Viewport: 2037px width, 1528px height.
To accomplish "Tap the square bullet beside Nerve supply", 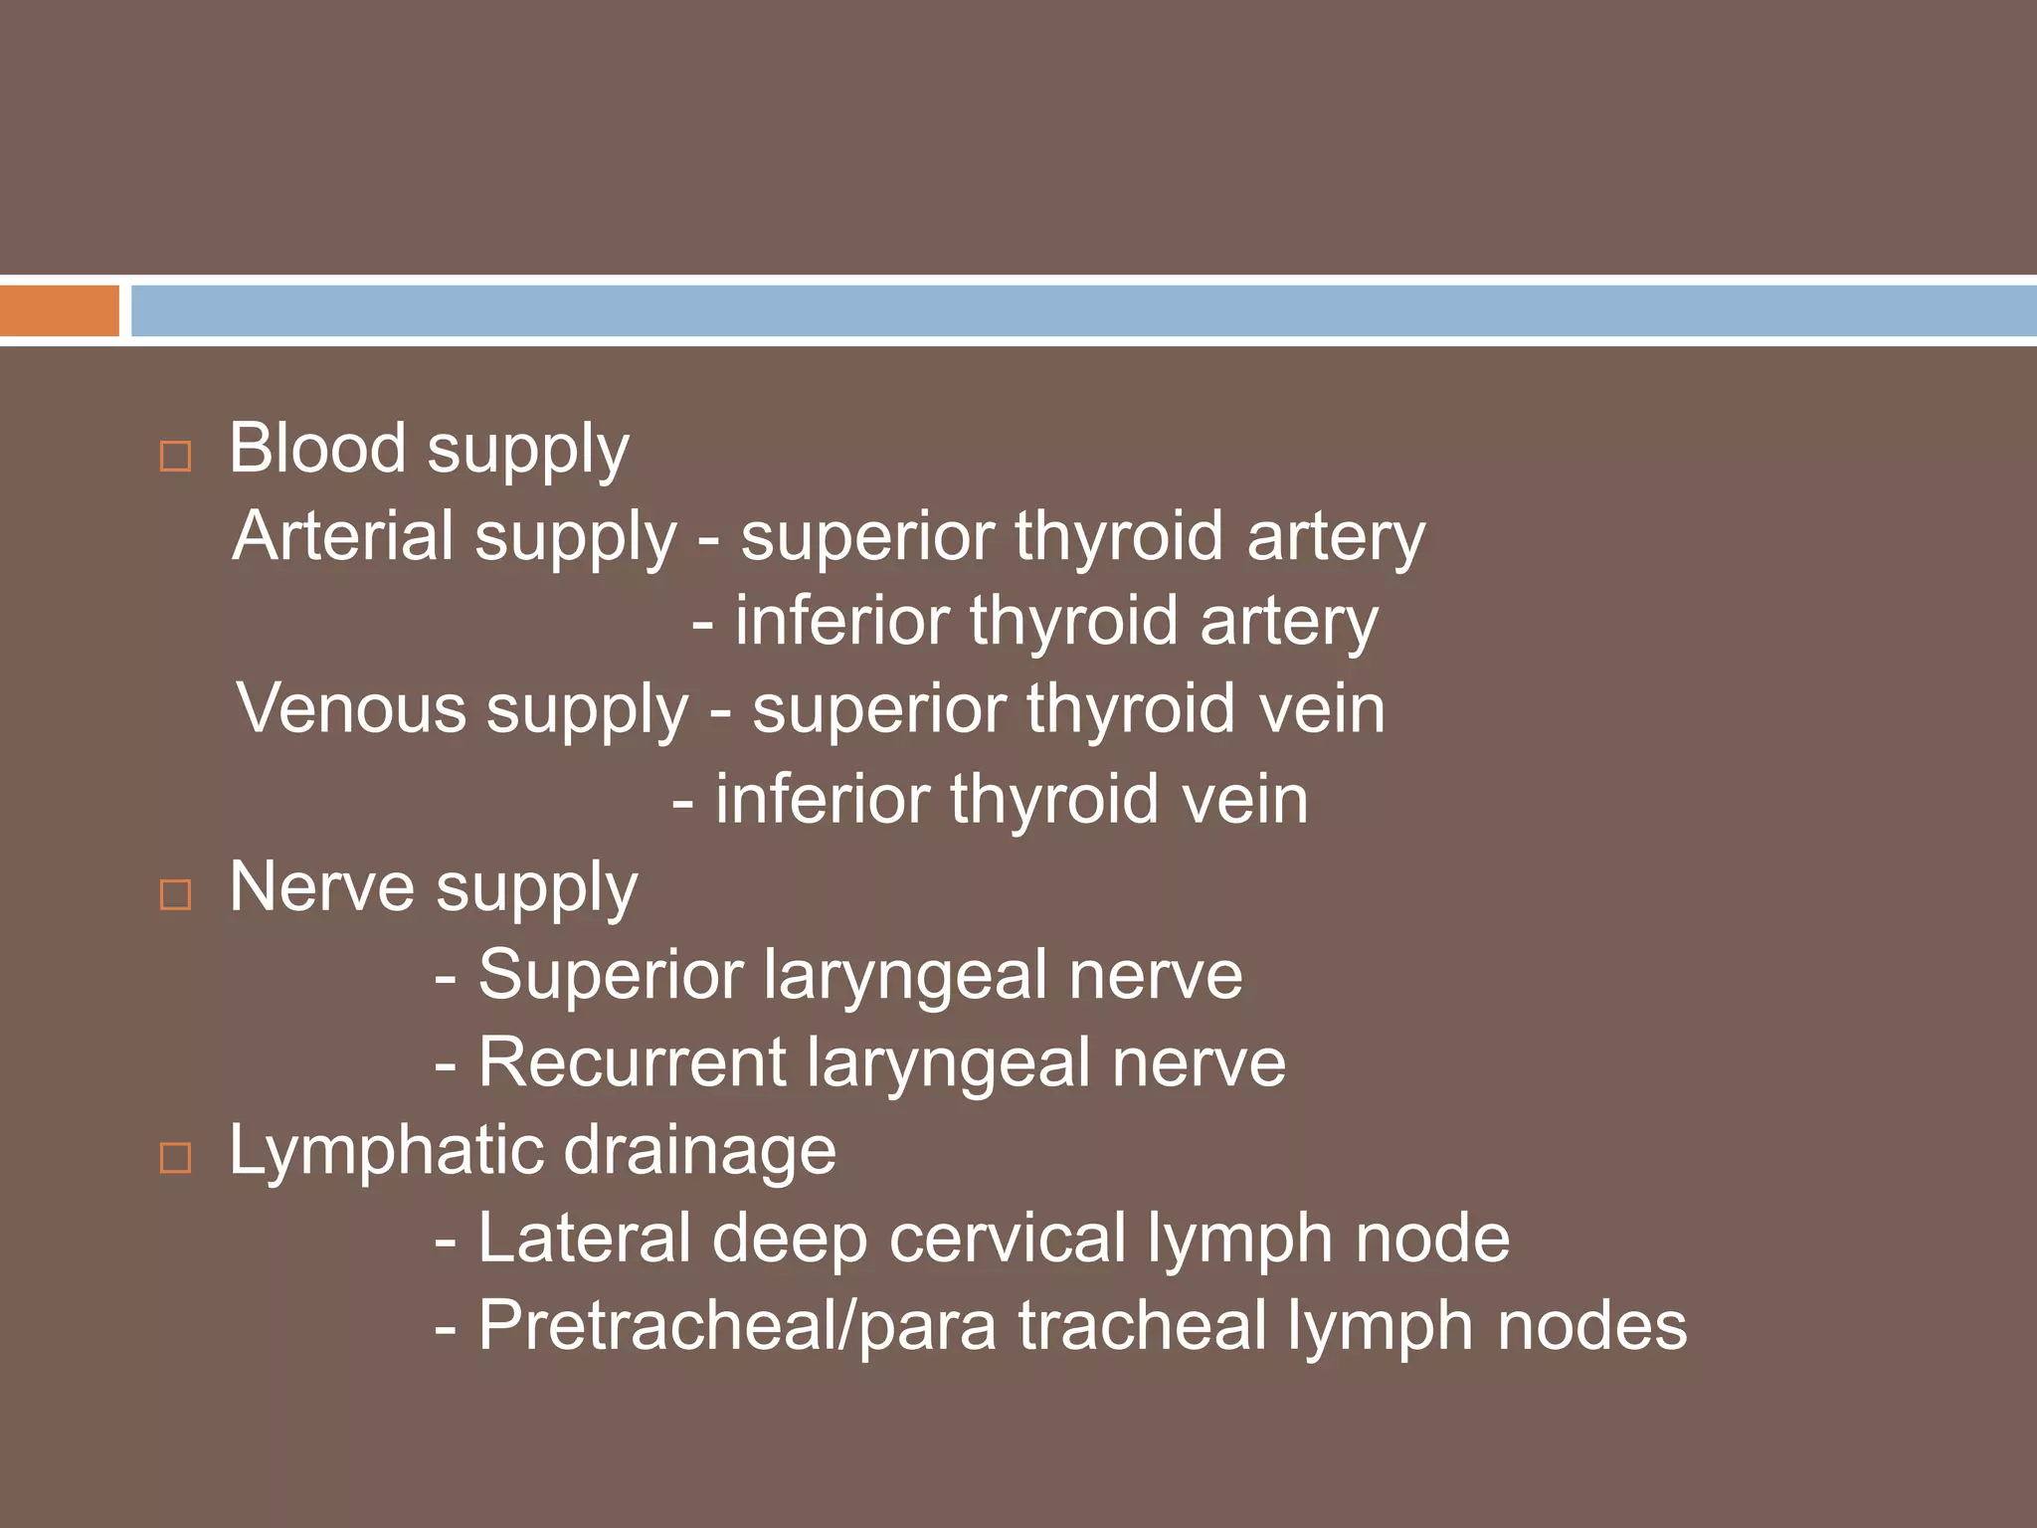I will click(x=176, y=894).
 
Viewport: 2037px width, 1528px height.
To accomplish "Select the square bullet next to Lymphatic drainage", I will click(x=176, y=1157).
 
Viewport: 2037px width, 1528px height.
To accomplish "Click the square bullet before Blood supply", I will click(x=176, y=457).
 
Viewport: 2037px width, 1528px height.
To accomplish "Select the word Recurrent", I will click(x=633, y=1062).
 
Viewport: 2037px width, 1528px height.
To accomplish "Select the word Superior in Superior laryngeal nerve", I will click(x=611, y=975).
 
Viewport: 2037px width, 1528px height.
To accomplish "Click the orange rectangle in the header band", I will click(x=59, y=310).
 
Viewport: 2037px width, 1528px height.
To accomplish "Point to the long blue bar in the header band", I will click(x=1082, y=310).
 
